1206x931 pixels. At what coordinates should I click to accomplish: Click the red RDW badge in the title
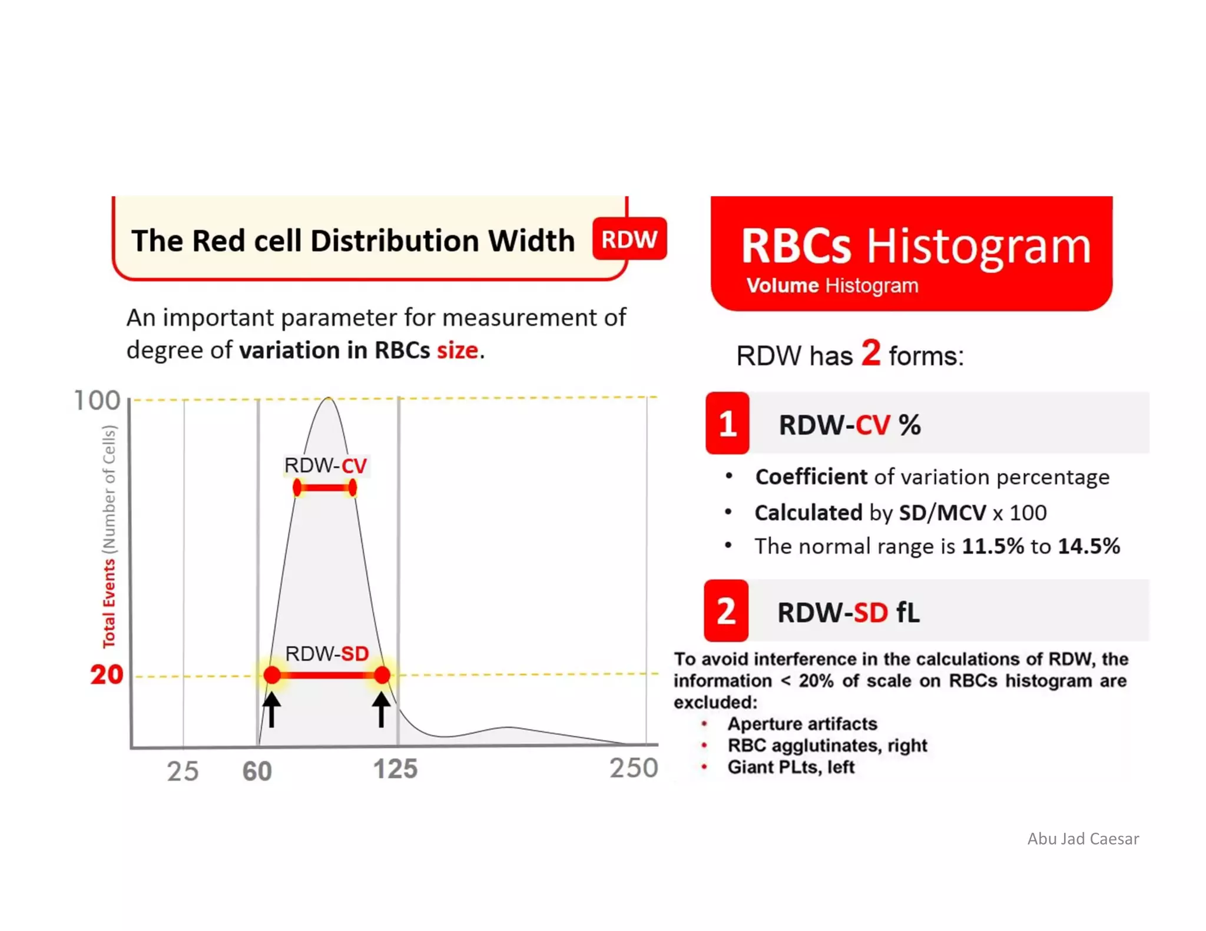pos(629,239)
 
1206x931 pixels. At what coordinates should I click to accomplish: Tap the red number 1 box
pos(727,423)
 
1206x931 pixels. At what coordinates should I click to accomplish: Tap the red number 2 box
pos(726,611)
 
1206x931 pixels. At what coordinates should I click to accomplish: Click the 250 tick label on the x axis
pos(633,768)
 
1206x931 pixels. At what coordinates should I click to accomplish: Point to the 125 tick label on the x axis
pos(395,769)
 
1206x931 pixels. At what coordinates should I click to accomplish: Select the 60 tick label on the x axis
pos(257,772)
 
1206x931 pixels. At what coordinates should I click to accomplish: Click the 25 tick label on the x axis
pos(183,772)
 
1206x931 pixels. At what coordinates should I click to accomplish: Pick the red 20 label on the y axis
pos(107,674)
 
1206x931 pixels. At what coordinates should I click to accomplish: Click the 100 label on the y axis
pos(97,401)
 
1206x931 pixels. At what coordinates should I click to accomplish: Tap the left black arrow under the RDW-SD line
pos(271,709)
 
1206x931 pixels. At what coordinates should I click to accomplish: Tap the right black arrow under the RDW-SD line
pos(381,709)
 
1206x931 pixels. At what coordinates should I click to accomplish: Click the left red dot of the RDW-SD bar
pos(272,675)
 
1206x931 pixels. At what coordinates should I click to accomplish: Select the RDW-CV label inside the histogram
pos(325,465)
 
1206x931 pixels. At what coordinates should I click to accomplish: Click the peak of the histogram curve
pos(329,398)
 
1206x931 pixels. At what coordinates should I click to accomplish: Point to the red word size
pos(457,350)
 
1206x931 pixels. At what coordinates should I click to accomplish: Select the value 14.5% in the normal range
pos(1088,546)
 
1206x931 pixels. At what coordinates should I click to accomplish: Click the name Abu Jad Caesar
pos(1082,839)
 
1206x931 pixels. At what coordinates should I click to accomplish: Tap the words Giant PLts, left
pos(790,767)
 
